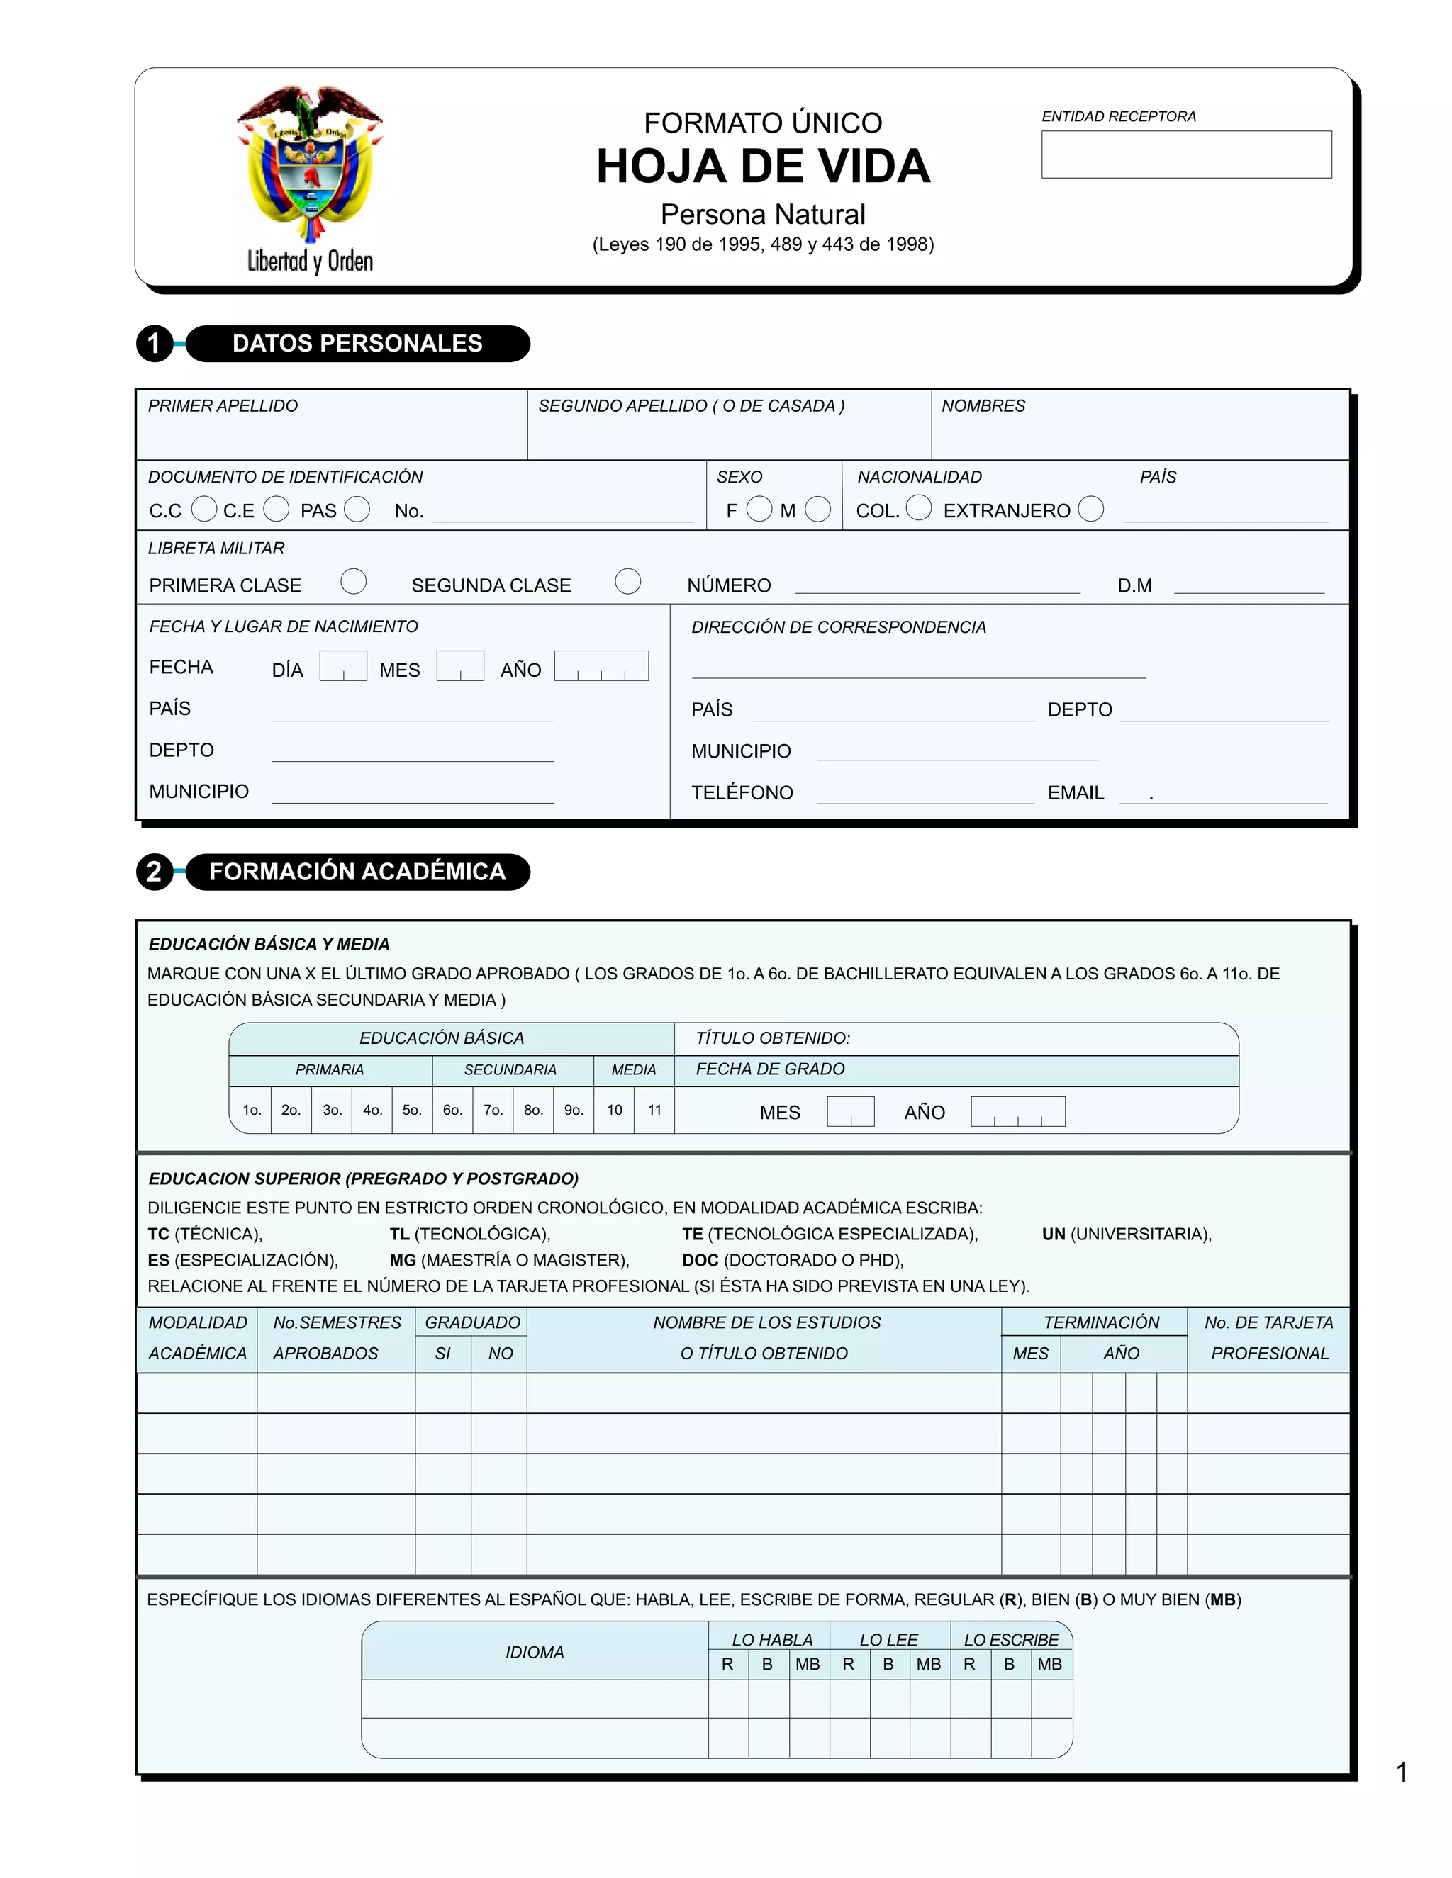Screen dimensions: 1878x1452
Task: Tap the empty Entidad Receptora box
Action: point(1185,154)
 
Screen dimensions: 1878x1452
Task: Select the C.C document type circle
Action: point(204,509)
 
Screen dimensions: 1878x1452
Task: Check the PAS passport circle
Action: point(357,509)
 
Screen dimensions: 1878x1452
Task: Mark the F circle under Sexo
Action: point(759,509)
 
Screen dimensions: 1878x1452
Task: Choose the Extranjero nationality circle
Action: point(1090,509)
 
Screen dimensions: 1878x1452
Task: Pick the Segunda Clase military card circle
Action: point(628,581)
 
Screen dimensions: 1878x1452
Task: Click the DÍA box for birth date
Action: point(343,665)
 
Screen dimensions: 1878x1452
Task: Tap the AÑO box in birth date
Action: point(601,665)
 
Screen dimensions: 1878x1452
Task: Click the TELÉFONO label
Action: point(742,792)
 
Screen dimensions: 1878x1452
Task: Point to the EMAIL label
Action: point(1076,792)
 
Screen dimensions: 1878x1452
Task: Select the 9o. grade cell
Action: point(574,1109)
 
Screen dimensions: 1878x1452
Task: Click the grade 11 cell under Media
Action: point(654,1109)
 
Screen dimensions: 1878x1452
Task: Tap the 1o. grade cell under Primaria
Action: point(251,1109)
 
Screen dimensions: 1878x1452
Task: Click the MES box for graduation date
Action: point(850,1111)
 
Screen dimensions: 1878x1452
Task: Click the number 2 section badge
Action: point(155,872)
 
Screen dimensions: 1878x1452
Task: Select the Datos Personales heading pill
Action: point(357,343)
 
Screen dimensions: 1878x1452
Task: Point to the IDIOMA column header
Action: point(534,1652)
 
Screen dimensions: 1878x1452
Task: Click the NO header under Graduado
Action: point(500,1353)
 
